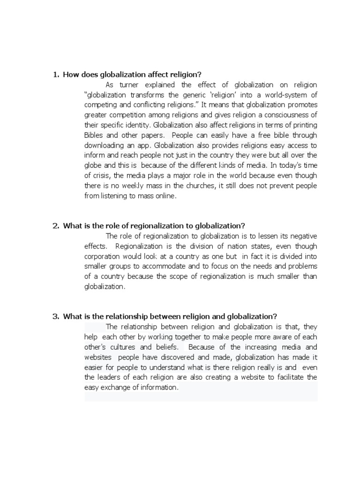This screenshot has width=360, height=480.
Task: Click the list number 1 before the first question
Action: (x=55, y=75)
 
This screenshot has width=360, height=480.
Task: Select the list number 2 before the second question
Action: (x=55, y=225)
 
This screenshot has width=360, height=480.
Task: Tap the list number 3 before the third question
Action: (x=55, y=316)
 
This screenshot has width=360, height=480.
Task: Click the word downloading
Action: (x=105, y=145)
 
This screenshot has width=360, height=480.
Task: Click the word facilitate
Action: (x=281, y=377)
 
